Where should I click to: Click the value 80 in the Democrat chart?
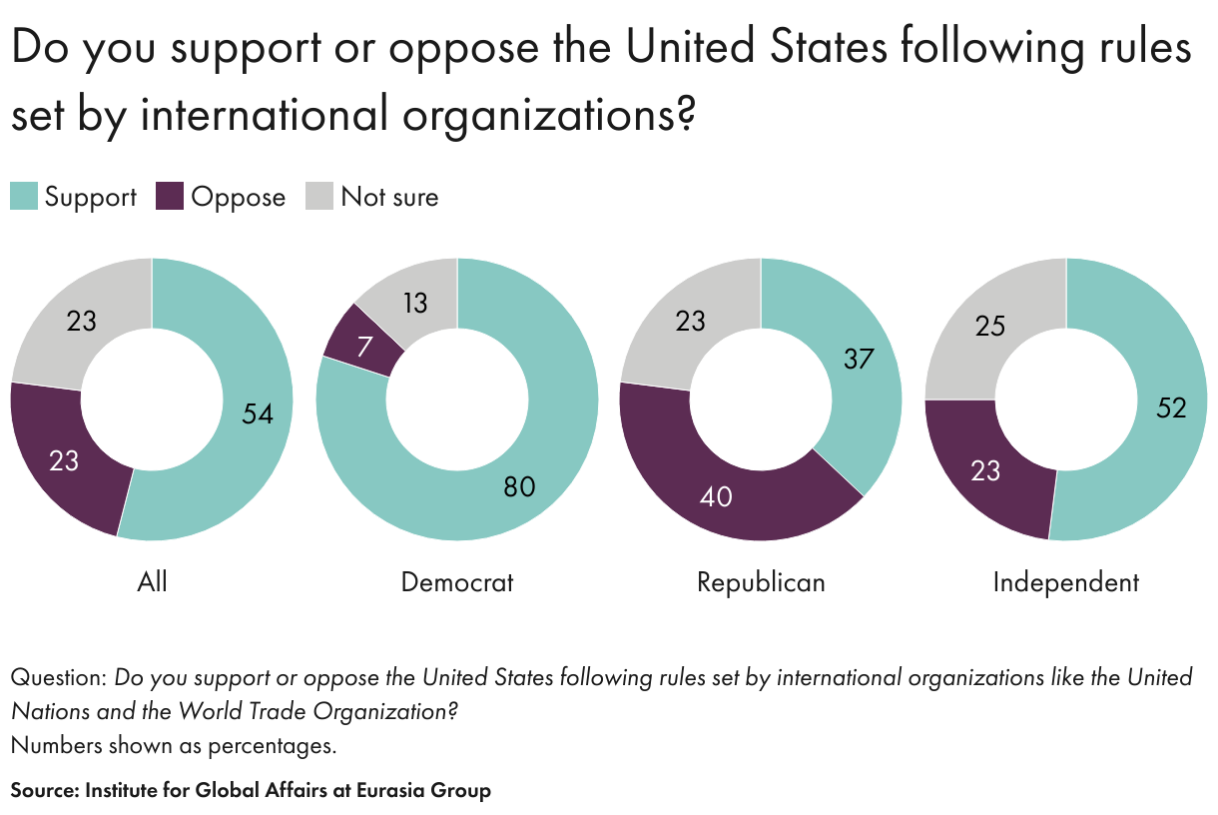pyautogui.click(x=519, y=486)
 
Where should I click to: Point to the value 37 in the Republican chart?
pyautogui.click(x=859, y=359)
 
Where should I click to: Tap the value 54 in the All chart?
pyautogui.click(x=258, y=412)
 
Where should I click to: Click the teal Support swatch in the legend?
pyautogui.click(x=24, y=197)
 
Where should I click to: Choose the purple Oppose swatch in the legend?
pyautogui.click(x=171, y=197)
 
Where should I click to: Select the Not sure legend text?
pyautogui.click(x=389, y=197)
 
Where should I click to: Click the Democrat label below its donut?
pyautogui.click(x=457, y=581)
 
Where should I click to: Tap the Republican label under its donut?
pyautogui.click(x=761, y=581)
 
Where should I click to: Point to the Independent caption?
pyautogui.click(x=1066, y=581)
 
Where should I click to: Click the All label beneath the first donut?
pyautogui.click(x=152, y=581)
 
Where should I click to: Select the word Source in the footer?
pyautogui.click(x=43, y=790)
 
